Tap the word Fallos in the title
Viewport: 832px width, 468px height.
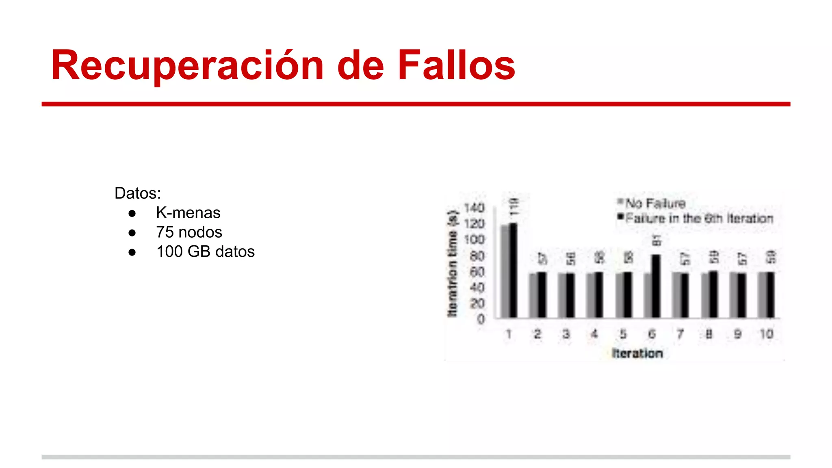tap(456, 65)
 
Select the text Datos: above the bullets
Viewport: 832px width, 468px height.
tap(138, 193)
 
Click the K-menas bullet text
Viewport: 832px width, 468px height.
tap(188, 213)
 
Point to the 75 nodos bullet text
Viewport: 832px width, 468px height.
tap(189, 232)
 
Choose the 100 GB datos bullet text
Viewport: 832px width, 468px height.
tap(205, 252)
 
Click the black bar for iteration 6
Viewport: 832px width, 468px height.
tap(656, 286)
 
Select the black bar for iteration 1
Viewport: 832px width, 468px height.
tap(513, 270)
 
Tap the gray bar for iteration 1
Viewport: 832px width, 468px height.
tap(505, 271)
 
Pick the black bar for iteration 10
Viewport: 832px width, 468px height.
tap(771, 295)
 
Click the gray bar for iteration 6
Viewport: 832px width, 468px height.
tap(648, 295)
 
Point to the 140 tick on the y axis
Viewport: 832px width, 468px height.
tap(474, 208)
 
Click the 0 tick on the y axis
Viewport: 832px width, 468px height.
tap(481, 319)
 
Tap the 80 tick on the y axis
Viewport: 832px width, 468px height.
tap(477, 256)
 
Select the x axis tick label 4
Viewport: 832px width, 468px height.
tap(594, 334)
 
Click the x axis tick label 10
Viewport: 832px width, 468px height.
tap(767, 334)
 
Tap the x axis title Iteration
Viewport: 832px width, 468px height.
tap(637, 353)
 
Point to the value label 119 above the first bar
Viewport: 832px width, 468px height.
tap(514, 207)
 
